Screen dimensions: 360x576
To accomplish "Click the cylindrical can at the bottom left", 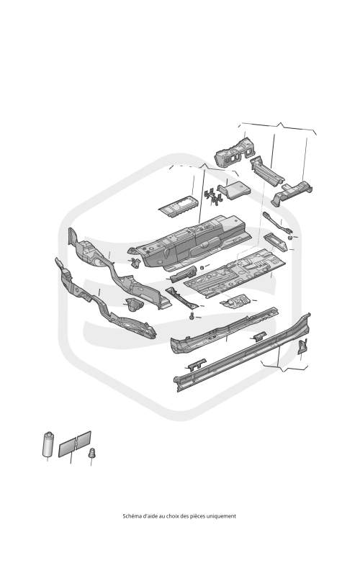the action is coord(48,444).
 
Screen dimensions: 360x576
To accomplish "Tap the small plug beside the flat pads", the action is coord(92,453).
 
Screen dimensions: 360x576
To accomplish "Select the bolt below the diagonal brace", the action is coord(192,315).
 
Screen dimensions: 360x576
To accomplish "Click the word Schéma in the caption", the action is coord(130,516).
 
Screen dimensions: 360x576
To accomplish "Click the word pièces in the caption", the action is coord(197,516).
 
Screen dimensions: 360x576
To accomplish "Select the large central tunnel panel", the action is coord(189,243).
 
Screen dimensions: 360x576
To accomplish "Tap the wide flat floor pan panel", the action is coord(235,273).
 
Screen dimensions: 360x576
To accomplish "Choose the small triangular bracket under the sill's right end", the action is coord(302,346).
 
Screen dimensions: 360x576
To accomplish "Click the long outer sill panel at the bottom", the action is coord(243,353).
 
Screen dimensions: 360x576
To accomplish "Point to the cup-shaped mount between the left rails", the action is coord(133,305).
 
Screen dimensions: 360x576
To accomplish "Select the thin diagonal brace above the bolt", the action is coord(182,297).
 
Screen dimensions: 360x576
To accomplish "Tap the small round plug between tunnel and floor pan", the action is coord(202,267).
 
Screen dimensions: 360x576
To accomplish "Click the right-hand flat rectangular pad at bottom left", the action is coord(84,439).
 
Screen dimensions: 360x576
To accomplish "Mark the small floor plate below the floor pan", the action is coord(235,302).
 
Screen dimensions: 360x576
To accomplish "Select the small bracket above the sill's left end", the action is coord(197,365).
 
